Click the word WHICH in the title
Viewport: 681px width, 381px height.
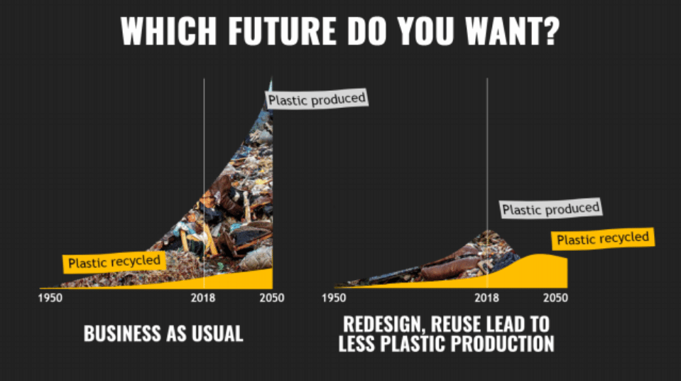click(x=168, y=31)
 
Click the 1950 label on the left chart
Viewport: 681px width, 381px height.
click(x=50, y=298)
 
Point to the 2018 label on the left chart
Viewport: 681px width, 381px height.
click(x=203, y=298)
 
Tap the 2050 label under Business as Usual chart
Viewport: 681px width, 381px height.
click(x=272, y=298)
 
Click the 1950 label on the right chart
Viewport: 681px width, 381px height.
click(x=334, y=298)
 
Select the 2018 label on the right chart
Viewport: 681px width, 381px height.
click(x=486, y=298)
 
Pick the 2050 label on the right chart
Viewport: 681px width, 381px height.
click(x=555, y=298)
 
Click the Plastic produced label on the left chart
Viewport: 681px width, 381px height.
click(x=317, y=100)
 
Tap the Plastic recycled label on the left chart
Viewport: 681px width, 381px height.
click(x=114, y=262)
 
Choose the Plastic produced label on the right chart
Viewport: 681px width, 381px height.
click(x=551, y=209)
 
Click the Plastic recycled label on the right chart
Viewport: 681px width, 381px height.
click(x=603, y=238)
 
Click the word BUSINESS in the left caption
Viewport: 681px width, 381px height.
click(x=121, y=333)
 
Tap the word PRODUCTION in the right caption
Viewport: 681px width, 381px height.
click(x=502, y=343)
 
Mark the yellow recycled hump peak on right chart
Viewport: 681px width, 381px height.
click(x=540, y=254)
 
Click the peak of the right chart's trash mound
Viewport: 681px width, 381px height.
click(x=489, y=230)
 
